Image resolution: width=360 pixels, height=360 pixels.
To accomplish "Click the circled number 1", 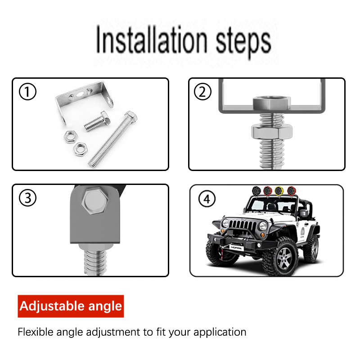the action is coord(27,92).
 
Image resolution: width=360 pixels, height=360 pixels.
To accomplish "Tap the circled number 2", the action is coord(202,92).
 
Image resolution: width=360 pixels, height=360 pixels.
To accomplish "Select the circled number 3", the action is coord(27,198).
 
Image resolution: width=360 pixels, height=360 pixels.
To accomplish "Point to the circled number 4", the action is coord(207,199).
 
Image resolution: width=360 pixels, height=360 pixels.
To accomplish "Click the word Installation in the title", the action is coord(152,40).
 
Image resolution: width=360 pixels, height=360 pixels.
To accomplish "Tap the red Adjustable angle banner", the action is coord(71,306).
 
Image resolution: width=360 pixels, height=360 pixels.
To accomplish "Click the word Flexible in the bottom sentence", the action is coord(36,332).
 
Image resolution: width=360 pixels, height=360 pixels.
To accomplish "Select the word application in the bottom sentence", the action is coord(220,333).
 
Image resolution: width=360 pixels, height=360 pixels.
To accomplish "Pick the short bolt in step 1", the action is coord(97,121).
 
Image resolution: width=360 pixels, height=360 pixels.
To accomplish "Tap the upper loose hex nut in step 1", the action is coord(71,136).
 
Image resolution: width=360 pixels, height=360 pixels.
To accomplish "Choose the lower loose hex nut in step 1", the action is coord(80,149).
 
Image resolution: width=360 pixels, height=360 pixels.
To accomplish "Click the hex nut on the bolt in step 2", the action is coord(272,132).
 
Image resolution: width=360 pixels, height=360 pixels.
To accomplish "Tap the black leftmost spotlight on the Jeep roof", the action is coord(256,191).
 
